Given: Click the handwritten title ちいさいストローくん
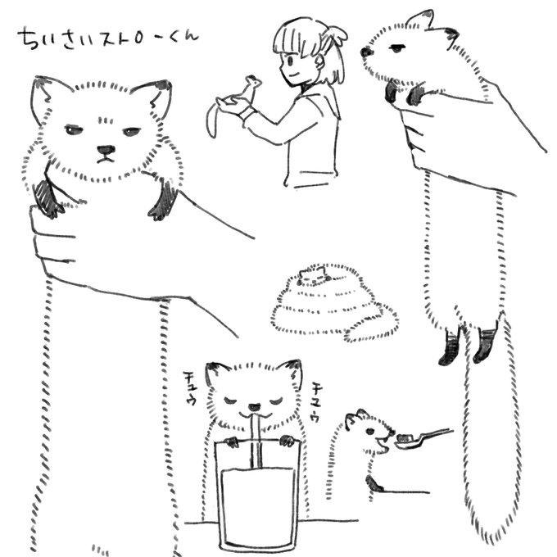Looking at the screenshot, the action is (x=108, y=38).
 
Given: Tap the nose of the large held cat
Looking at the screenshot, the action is (x=106, y=150).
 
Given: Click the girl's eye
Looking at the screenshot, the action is (x=290, y=60).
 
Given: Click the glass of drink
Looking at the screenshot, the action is (x=257, y=496).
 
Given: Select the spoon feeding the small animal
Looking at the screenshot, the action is (x=423, y=439).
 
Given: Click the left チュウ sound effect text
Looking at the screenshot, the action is (x=190, y=388).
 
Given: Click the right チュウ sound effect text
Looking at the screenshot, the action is (x=315, y=401).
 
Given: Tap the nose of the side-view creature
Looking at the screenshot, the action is (x=366, y=52).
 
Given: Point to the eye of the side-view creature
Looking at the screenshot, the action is (x=396, y=48).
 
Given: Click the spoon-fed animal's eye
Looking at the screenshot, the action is (x=370, y=432).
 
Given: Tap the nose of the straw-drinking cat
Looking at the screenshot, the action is (x=254, y=407).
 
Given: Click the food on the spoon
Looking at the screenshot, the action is (x=405, y=437).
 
